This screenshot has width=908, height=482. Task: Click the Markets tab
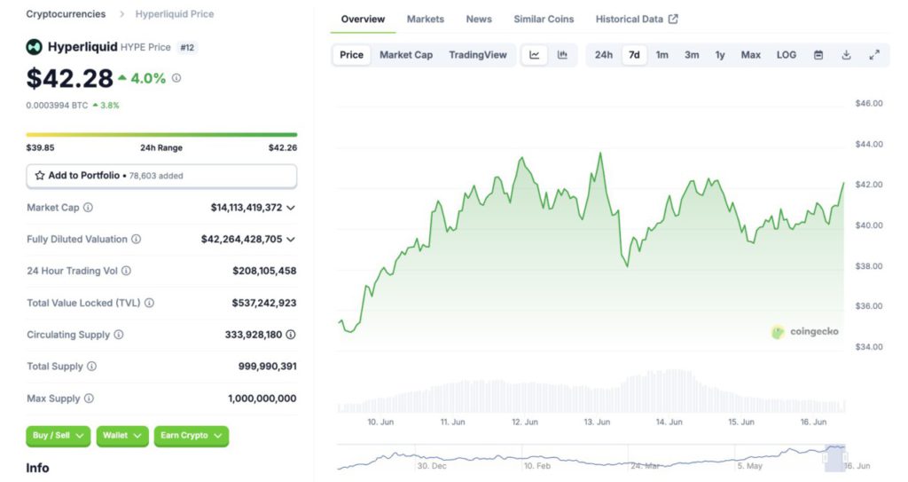(x=426, y=19)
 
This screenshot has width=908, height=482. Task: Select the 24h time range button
(x=603, y=55)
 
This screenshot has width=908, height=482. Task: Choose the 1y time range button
(x=720, y=55)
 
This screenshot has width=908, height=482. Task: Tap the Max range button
(x=750, y=55)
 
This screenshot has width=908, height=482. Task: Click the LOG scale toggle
(x=787, y=55)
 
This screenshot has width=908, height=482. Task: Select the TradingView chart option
(x=478, y=55)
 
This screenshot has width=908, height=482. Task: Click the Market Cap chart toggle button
(x=406, y=55)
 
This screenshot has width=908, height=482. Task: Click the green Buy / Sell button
(x=59, y=436)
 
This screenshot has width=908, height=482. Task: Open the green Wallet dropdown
(x=121, y=436)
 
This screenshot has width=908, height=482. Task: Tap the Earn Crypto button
(x=191, y=436)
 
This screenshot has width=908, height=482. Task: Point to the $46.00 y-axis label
(x=869, y=103)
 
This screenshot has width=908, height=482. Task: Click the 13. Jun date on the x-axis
(x=597, y=423)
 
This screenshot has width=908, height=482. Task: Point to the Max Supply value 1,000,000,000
(x=262, y=399)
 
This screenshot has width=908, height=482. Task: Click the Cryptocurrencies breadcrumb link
(x=66, y=14)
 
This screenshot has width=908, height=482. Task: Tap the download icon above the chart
(x=846, y=55)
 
